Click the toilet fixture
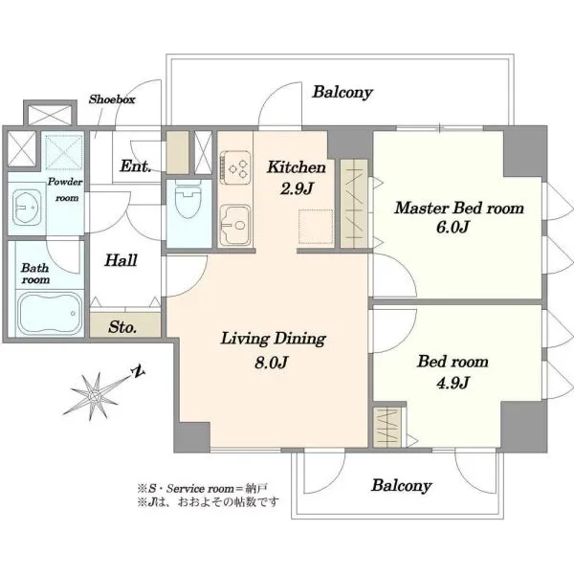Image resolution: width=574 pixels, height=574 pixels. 188,199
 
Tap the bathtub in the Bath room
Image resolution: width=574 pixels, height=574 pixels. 50,313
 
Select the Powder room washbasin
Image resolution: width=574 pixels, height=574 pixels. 27,208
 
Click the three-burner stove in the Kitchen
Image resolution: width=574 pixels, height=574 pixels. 235,167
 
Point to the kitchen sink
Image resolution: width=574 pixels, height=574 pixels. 235,225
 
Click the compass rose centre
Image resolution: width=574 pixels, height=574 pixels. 95,396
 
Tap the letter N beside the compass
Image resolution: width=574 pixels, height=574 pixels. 139,371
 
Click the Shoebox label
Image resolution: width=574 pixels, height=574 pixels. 112,99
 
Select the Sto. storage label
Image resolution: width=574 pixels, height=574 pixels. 122,327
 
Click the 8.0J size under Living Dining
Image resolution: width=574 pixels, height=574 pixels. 271,363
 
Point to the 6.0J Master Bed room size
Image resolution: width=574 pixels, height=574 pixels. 453,227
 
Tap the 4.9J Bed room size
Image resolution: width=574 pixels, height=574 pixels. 453,383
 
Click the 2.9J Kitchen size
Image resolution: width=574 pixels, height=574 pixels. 297,188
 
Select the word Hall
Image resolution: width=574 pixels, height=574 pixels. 121,260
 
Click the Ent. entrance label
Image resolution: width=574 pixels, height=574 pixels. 136,166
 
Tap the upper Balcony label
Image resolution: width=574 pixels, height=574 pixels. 342,92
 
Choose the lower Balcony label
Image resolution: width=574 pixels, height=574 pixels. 402,485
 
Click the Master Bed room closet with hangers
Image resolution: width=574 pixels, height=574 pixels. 354,204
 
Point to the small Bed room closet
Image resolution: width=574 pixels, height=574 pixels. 386,428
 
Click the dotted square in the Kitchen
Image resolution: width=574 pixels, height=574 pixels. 316,227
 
